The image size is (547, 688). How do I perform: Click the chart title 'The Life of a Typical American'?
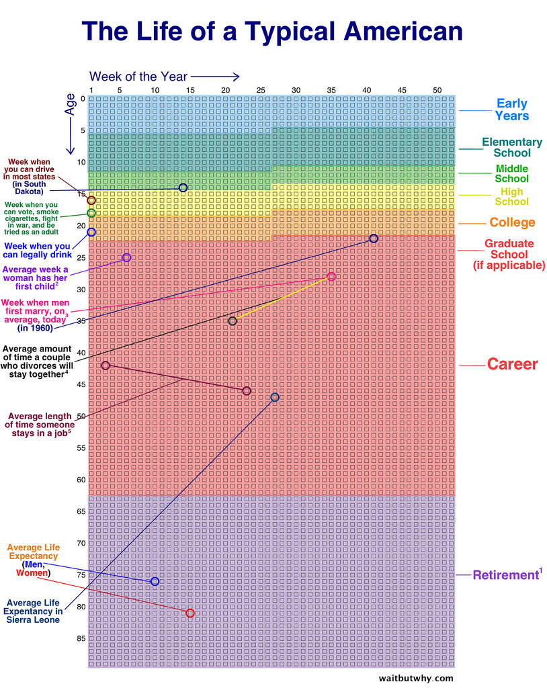(272, 31)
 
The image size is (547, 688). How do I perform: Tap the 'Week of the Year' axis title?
(138, 77)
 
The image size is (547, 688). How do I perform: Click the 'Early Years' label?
(511, 110)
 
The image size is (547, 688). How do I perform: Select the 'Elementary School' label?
(511, 147)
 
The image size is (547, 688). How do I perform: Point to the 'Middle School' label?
(511, 173)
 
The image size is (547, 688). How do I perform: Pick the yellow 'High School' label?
(511, 197)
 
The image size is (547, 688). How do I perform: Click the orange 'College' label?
(512, 222)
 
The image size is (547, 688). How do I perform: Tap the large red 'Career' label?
(512, 364)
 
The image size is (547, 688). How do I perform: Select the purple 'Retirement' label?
(507, 575)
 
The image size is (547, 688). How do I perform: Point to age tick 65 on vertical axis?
(81, 511)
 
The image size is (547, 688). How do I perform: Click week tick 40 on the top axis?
(366, 90)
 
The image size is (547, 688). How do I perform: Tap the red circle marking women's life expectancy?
(190, 613)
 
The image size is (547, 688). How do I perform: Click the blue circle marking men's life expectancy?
(155, 581)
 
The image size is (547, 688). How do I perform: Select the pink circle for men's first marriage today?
(331, 277)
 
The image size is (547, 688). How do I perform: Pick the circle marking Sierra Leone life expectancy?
(274, 397)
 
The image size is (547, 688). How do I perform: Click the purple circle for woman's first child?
(126, 257)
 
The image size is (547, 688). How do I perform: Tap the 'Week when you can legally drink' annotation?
(38, 249)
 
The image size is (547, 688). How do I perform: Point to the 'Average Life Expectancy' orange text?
(33, 552)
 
